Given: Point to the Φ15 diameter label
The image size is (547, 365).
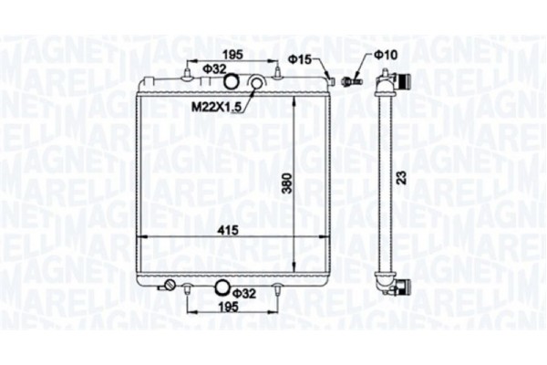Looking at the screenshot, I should (300, 60).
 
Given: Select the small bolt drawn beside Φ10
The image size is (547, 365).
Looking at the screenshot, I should (348, 81).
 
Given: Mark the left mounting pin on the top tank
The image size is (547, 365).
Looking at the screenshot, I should (188, 71).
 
